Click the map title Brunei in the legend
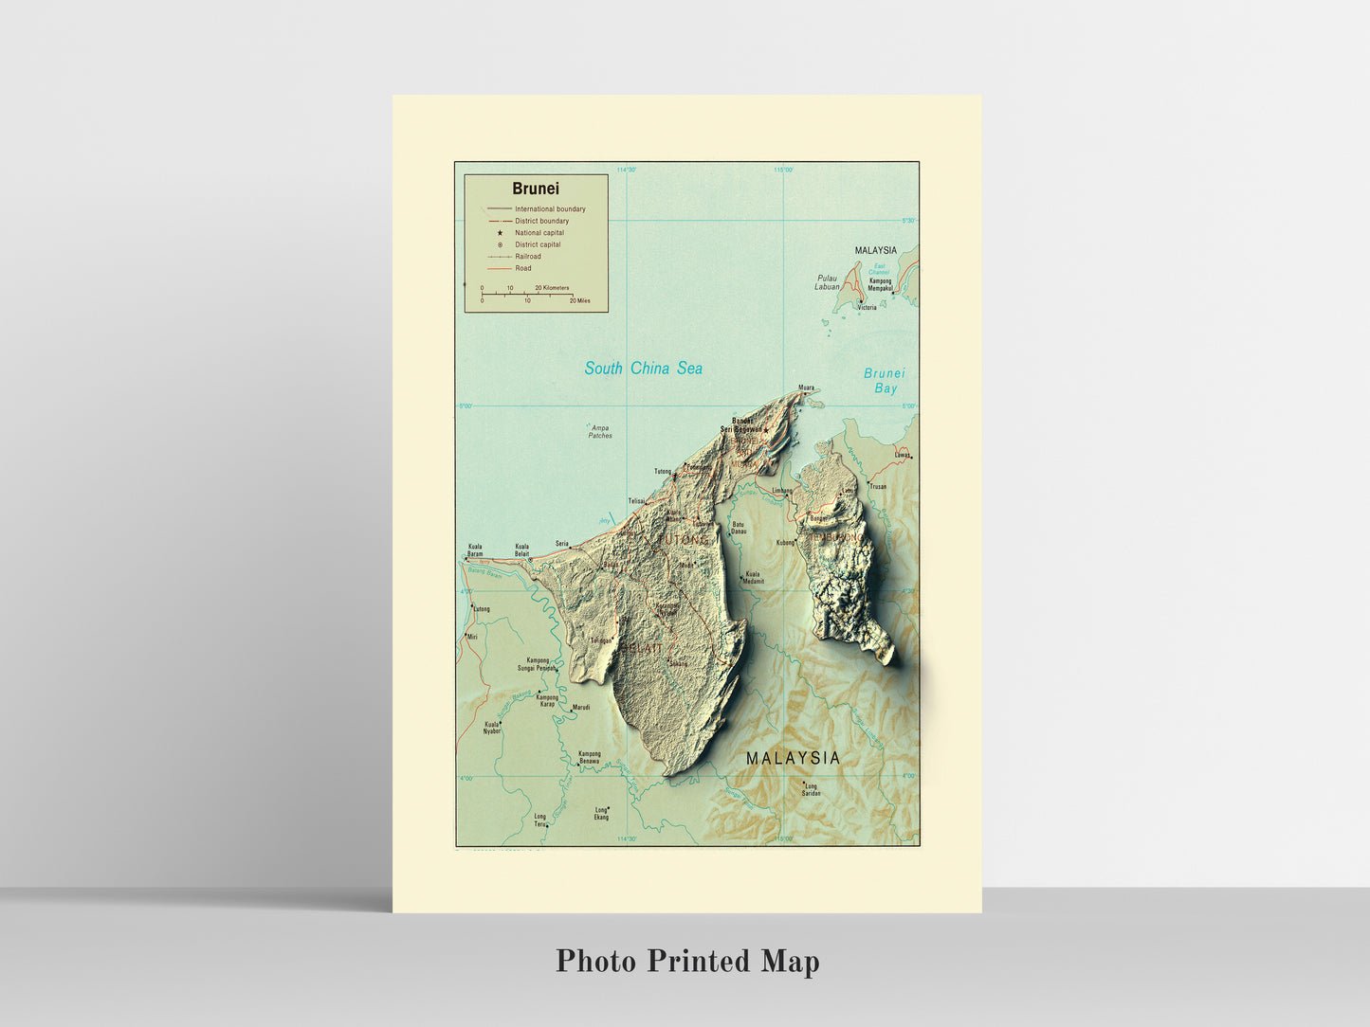[x=536, y=189]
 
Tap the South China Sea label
[x=643, y=369]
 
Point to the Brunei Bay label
[x=885, y=381]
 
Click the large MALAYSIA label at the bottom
[x=793, y=758]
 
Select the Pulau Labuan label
[x=827, y=282]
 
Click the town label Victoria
[x=867, y=308]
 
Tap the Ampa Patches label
[x=600, y=432]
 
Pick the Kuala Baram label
[x=475, y=550]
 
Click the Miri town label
[x=472, y=637]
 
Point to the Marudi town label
[x=581, y=708]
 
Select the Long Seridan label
[x=811, y=789]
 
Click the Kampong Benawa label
[x=589, y=758]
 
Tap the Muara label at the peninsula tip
[x=806, y=387]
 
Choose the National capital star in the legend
[x=500, y=233]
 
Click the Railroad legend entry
[x=528, y=257]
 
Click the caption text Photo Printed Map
[x=687, y=961]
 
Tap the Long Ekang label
[x=601, y=813]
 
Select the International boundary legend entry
[x=550, y=209]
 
